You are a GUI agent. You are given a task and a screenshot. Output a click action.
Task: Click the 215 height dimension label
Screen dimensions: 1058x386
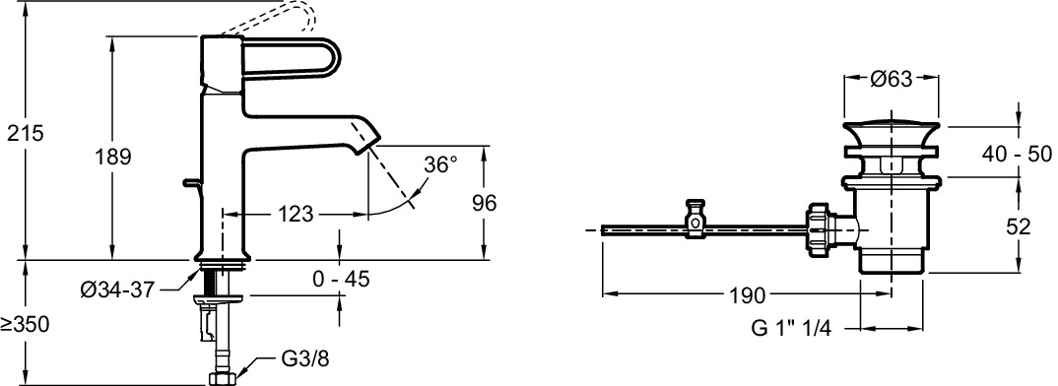25,133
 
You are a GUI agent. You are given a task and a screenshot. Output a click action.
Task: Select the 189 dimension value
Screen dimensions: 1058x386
112,158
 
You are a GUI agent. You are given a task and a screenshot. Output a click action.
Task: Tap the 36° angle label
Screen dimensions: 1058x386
440,164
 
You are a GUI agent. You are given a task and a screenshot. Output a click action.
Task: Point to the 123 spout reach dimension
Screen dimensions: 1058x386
296,215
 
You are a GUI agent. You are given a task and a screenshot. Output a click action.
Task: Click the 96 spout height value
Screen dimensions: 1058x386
483,203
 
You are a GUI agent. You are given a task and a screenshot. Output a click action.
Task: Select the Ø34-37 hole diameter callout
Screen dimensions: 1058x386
117,290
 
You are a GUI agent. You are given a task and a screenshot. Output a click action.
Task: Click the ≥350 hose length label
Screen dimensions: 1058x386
26,325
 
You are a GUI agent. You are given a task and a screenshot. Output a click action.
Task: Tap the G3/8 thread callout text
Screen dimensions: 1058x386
304,359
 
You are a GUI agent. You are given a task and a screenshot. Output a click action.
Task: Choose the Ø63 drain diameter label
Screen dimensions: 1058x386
891,79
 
